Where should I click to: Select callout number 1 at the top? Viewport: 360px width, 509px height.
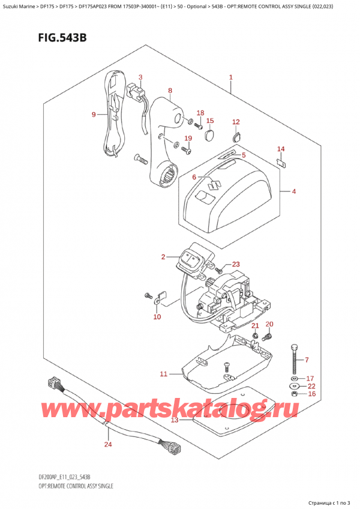[x=231, y=77]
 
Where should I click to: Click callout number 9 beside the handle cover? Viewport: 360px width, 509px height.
[x=94, y=114]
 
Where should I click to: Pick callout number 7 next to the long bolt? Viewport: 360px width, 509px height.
[x=307, y=360]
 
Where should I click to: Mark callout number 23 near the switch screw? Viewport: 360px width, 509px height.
[x=236, y=264]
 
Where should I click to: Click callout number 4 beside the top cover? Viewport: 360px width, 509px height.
[x=294, y=192]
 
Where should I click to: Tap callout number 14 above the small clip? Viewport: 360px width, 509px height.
[x=281, y=149]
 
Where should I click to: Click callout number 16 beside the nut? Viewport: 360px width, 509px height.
[x=311, y=394]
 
